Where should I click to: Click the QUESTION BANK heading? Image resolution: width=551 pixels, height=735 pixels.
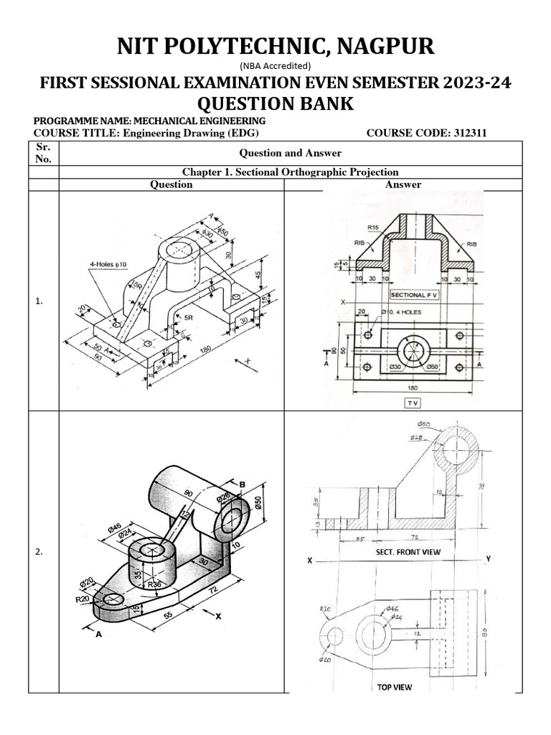(x=275, y=103)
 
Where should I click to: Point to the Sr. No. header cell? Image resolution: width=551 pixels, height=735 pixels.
(x=44, y=153)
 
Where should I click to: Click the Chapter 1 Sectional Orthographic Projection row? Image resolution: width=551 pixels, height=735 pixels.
(x=291, y=172)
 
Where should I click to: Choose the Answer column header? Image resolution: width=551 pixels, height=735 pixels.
(x=403, y=184)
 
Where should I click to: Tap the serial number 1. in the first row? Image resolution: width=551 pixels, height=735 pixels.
(x=39, y=303)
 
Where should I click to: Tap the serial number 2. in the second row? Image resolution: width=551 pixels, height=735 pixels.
(x=39, y=552)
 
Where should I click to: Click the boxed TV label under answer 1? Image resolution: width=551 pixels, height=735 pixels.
(x=413, y=403)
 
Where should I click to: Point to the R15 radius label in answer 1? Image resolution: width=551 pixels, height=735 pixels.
(x=373, y=228)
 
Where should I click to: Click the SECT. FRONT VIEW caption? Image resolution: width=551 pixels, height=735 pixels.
(x=408, y=552)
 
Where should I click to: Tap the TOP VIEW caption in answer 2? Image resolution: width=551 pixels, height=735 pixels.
(x=395, y=687)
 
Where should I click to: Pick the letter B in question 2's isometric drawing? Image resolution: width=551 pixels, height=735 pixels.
(x=242, y=484)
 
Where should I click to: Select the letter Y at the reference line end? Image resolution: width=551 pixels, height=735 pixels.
(x=487, y=558)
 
